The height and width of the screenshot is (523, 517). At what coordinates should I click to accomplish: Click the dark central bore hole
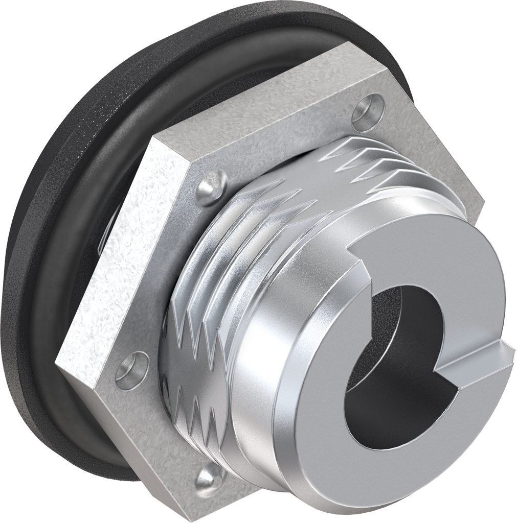pyautogui.click(x=394, y=352)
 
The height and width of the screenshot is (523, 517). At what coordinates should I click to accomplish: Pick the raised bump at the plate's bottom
pyautogui.click(x=210, y=479)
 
